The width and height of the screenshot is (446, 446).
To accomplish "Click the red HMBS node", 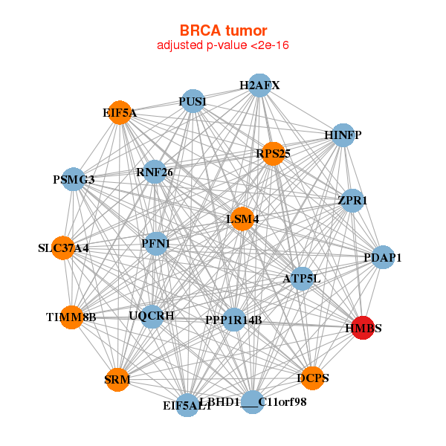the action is pyautogui.click(x=362, y=328).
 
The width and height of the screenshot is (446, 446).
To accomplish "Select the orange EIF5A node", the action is pyautogui.click(x=120, y=113).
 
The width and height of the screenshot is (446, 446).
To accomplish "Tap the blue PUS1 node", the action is pyautogui.click(x=193, y=101).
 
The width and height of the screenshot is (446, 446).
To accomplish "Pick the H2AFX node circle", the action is pyautogui.click(x=259, y=85).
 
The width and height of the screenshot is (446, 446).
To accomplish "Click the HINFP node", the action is pyautogui.click(x=343, y=135).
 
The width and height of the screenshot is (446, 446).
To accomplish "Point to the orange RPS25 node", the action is pyautogui.click(x=273, y=154).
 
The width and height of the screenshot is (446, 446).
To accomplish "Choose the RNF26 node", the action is pyautogui.click(x=154, y=172).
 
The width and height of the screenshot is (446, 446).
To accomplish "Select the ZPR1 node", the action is pyautogui.click(x=352, y=201).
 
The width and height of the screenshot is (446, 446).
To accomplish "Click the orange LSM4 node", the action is pyautogui.click(x=242, y=219).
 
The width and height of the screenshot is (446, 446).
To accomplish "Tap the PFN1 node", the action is pyautogui.click(x=155, y=243).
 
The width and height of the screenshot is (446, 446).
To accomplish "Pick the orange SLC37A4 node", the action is pyautogui.click(x=64, y=248).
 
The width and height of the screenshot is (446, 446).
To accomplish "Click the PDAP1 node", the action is pyautogui.click(x=383, y=258).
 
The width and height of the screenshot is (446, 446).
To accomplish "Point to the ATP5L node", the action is pyautogui.click(x=302, y=279).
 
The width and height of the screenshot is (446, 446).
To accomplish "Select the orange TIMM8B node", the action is pyautogui.click(x=71, y=317).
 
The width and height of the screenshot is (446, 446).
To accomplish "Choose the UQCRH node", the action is pyautogui.click(x=152, y=316).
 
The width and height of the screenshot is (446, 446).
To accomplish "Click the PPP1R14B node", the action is pyautogui.click(x=233, y=320).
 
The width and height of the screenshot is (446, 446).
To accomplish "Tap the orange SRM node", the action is pyautogui.click(x=117, y=380).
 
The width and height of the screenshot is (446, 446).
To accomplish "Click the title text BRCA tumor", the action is pyautogui.click(x=223, y=30).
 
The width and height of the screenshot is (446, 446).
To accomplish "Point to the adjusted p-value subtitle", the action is pyautogui.click(x=223, y=45).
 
